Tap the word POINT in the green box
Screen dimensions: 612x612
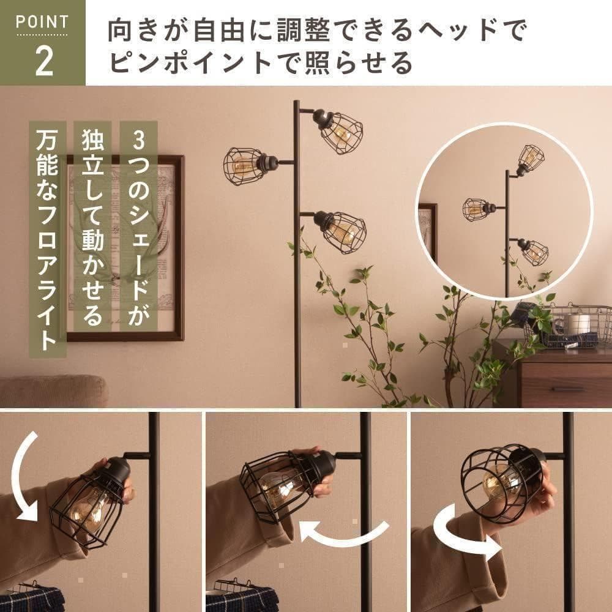[43, 23]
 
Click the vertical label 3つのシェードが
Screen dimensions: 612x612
[138, 226]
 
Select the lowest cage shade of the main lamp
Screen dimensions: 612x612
[342, 231]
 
